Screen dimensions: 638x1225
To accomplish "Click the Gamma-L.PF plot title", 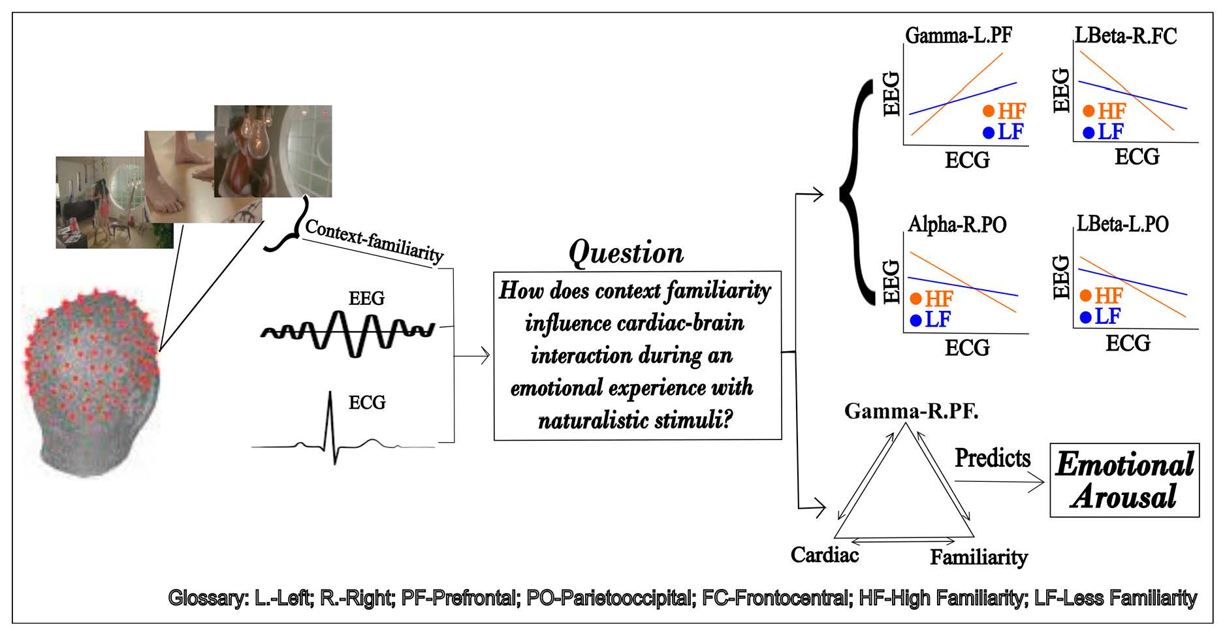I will tap(958, 35).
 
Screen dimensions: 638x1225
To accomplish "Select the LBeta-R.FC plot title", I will tap(1126, 35).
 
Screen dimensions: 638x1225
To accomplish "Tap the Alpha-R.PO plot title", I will tap(957, 225).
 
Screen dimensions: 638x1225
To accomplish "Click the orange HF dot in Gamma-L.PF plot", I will tap(988, 112).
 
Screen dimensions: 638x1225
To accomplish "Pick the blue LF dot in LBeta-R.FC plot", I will tap(1088, 133).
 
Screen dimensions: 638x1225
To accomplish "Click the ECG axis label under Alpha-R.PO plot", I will tap(967, 348).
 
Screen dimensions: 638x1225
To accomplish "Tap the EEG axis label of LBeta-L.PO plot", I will tap(1062, 278).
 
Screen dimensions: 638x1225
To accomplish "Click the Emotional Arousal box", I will tap(1124, 480).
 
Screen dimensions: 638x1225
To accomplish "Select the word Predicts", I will tap(992, 458).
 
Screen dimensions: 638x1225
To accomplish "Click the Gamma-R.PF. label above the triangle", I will tap(911, 411).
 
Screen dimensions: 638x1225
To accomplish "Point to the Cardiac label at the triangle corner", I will tap(824, 555).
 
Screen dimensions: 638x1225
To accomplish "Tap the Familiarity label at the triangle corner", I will tap(978, 558).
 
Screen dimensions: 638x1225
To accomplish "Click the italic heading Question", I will tap(626, 253).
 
